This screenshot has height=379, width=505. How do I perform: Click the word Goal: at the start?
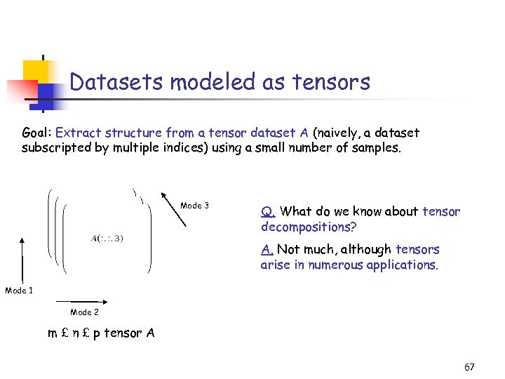click(37, 133)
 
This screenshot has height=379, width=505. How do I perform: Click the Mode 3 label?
click(194, 206)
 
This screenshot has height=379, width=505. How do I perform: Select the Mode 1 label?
click(19, 290)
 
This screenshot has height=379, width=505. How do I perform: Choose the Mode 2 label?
click(84, 312)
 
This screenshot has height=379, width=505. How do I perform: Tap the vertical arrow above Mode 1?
click(23, 260)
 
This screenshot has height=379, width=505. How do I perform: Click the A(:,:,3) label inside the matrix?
click(107, 238)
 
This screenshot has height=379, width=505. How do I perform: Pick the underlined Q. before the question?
click(268, 212)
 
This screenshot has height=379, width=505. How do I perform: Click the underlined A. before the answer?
click(267, 250)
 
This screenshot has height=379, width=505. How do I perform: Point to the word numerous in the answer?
click(329, 265)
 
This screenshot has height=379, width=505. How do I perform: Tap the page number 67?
click(469, 367)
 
